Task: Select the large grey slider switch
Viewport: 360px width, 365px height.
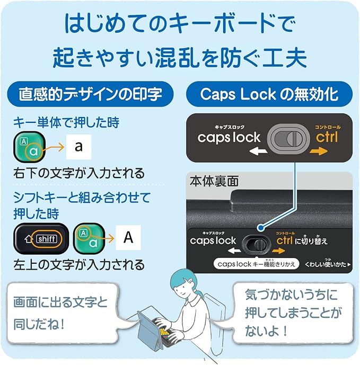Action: tap(286, 138)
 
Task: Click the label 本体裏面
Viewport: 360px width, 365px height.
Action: tap(213, 181)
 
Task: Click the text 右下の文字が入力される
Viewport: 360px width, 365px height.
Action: tap(78, 173)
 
